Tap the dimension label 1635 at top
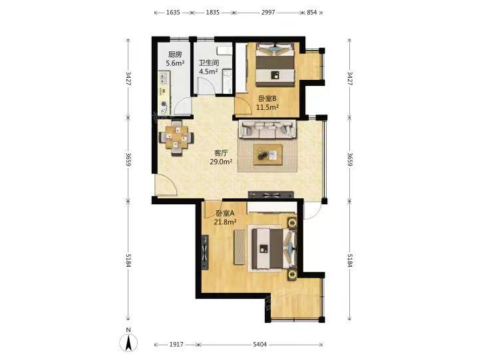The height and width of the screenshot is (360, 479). (173, 13)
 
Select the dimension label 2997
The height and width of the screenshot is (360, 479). (268, 13)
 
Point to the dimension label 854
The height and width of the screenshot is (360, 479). (311, 13)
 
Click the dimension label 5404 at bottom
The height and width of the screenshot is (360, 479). (259, 345)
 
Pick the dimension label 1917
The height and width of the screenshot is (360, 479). (176, 345)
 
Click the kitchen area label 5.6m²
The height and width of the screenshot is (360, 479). (175, 63)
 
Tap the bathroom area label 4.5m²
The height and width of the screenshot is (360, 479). (208, 71)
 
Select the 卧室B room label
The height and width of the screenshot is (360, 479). (267, 98)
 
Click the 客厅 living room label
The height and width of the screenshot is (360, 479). (221, 153)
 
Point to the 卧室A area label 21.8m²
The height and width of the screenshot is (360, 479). (226, 222)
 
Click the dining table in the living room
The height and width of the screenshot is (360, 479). (176, 138)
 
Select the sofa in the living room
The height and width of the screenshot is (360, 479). (267, 129)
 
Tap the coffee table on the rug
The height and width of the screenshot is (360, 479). (268, 154)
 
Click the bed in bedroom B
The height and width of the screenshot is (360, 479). (275, 65)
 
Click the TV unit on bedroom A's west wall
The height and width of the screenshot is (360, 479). (205, 252)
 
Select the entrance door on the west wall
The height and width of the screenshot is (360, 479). (166, 184)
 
